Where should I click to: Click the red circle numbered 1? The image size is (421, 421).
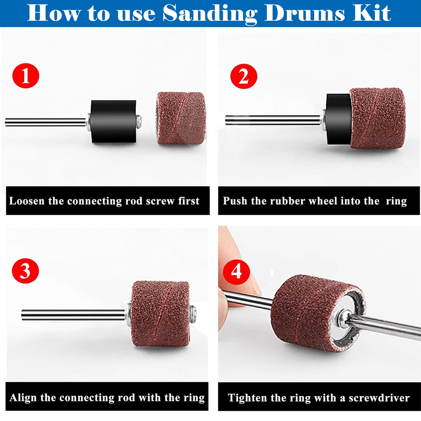click(x=26, y=76)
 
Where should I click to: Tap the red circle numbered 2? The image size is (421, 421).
click(x=244, y=77)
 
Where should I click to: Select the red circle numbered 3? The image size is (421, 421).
click(x=25, y=271)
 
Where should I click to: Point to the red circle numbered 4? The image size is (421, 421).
click(x=236, y=271)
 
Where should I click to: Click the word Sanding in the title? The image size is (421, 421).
click(x=210, y=13)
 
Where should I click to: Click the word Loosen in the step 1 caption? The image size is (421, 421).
click(x=27, y=201)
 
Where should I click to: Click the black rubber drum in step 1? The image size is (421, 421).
click(x=113, y=121)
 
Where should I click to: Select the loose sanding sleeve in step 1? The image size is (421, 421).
click(x=181, y=118)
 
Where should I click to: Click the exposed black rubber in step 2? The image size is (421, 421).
click(x=338, y=119)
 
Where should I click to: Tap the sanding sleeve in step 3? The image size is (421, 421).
click(x=160, y=313)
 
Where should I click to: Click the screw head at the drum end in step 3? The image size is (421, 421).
click(x=193, y=315)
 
